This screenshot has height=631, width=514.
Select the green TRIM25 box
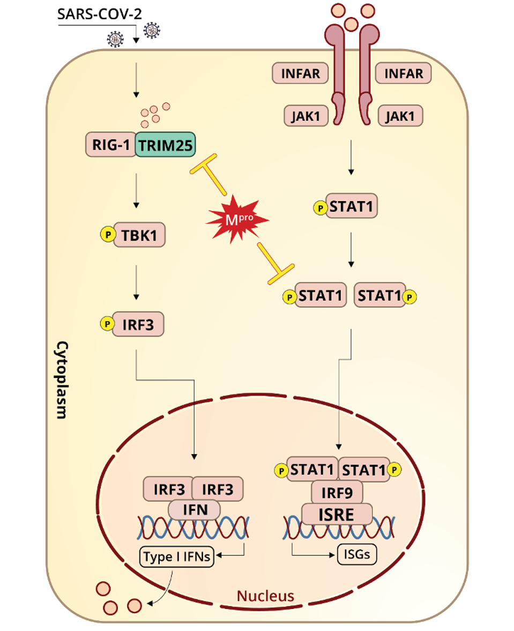pos(165,145)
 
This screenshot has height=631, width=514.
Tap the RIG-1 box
pos(111,145)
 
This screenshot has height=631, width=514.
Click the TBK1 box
pos(139,234)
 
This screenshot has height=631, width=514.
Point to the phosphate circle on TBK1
pos(107,234)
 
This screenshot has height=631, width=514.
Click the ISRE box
pos(337,514)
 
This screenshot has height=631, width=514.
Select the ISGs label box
pos(357,554)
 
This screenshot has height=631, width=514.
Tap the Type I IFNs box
pos(177,557)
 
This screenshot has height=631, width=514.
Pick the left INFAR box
pos(300,73)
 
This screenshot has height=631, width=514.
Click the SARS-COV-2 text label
pos(100,14)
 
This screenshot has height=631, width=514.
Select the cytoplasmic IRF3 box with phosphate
pos(138,324)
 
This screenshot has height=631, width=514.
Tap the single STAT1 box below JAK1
pos(352,206)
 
